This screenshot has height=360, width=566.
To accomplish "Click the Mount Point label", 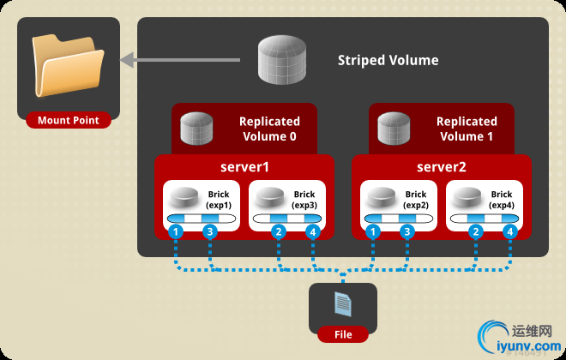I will [68, 121].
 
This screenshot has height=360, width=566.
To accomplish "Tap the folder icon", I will [68, 66].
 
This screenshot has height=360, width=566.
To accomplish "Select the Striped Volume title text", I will [388, 60].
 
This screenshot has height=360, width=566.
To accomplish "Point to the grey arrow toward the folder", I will [189, 60].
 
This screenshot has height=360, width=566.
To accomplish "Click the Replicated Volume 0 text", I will [269, 129].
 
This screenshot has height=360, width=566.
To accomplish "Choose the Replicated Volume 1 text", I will [467, 129].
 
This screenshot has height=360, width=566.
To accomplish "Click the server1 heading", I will [244, 166].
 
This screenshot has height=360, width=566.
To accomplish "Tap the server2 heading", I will [441, 166].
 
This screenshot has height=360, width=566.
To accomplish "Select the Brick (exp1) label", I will [219, 201].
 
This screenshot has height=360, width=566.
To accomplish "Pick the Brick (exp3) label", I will [304, 201].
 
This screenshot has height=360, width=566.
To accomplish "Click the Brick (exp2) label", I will [415, 201].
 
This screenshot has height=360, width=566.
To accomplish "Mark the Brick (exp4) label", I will [502, 201].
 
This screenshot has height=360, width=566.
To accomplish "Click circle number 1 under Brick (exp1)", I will [175, 231].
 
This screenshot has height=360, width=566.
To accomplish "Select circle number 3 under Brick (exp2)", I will [407, 231].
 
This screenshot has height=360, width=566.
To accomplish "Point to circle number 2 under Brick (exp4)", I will [476, 231].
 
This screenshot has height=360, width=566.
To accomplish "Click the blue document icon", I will [342, 303].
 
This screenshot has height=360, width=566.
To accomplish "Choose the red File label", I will [342, 333].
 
